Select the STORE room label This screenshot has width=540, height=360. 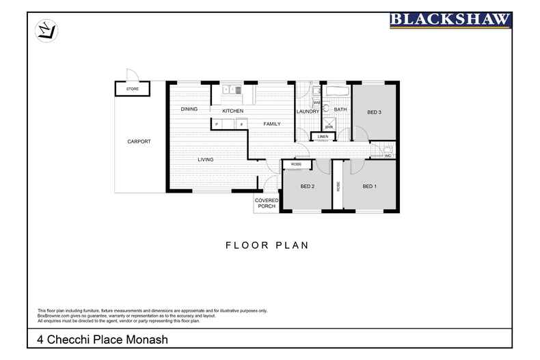pos(131,89)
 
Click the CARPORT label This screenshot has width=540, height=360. pos(139,141)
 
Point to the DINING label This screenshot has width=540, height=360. pos(189,109)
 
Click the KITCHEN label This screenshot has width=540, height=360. pos(232,111)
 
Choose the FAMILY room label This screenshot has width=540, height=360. pos(273,124)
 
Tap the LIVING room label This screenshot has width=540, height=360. pos(206,159)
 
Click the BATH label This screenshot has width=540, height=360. pos(340,109)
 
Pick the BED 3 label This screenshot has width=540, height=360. pos(375,112)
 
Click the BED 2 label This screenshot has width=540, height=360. pos(308,186)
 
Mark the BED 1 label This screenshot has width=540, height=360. pos(370,186)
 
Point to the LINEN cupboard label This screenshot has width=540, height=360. pos(323,137)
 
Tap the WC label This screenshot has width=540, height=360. pos(386,156)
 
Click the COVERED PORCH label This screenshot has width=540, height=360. pos(265,203)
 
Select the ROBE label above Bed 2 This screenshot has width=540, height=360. pos(297,165)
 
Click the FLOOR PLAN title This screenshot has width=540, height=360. pos(267,245)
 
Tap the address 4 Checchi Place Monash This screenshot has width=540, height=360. pos(102,339)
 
